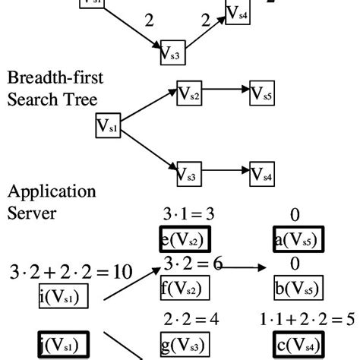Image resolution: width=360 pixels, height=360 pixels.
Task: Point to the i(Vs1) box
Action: (x=63, y=295)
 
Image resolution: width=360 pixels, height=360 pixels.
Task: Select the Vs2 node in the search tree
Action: (x=189, y=94)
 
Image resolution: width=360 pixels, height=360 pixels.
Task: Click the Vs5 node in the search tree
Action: (x=263, y=94)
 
